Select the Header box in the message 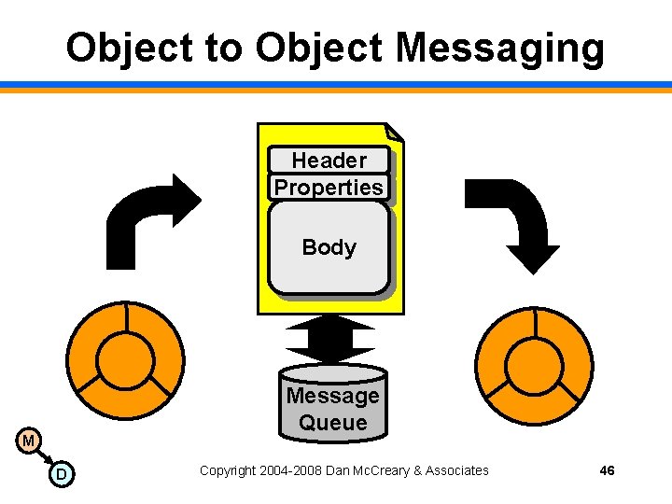[x=329, y=161]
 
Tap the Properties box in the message [x=329, y=188]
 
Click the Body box [x=329, y=248]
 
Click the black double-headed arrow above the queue [x=330, y=339]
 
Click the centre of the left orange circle [x=125, y=358]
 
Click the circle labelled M [x=30, y=440]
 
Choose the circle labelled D [x=62, y=475]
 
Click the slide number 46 [x=607, y=470]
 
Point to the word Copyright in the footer [x=227, y=470]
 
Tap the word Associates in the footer [x=456, y=470]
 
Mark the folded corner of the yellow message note [x=394, y=133]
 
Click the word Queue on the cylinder [x=333, y=423]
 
